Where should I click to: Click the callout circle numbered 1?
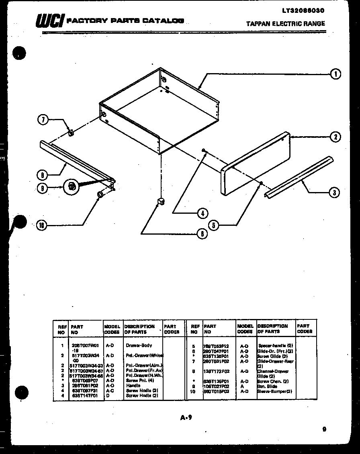tap(335, 74)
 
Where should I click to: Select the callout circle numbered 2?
tap(335, 137)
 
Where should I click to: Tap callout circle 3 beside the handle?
tap(334, 193)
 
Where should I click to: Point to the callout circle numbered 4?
tap(202, 213)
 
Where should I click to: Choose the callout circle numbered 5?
tap(214, 225)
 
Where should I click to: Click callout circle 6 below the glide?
tap(202, 233)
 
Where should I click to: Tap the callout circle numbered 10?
tap(41, 226)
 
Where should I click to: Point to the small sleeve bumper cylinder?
tap(100, 195)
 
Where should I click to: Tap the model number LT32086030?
tap(299, 10)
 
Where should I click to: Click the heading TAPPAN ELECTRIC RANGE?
tap(285, 24)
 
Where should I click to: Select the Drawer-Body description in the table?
tap(139, 346)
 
